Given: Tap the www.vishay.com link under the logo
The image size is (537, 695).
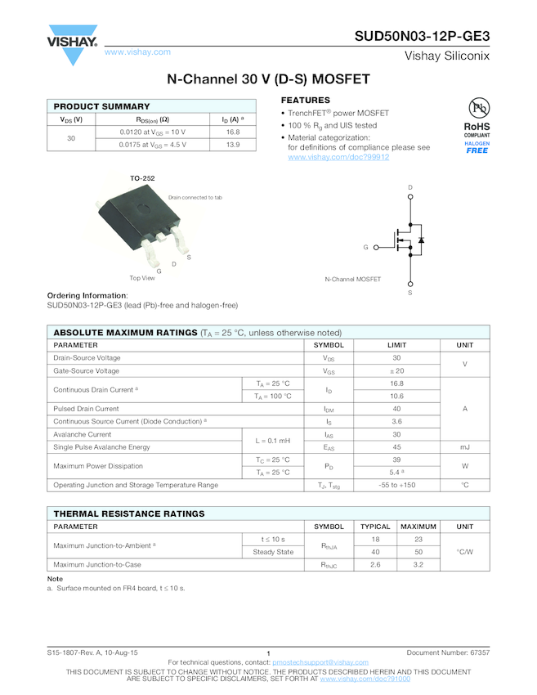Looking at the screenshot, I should point(137,52).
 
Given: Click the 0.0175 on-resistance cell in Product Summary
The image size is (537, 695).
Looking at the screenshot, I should point(153,145).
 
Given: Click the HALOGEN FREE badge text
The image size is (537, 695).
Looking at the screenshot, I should point(477,147).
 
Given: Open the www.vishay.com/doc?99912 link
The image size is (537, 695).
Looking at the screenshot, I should point(338,157).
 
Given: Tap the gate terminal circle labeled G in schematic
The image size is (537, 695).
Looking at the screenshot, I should point(375,247).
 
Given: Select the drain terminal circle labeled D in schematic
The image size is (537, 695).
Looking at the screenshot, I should point(410,197).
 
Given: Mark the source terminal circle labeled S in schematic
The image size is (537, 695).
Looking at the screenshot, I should point(410,283).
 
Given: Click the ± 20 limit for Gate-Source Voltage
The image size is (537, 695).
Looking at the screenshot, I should point(396,371).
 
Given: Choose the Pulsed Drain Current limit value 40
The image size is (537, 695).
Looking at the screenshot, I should point(396,409).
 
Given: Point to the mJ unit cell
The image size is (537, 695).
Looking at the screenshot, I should point(465,447).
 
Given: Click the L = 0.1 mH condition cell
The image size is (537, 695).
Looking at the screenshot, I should point(273,441).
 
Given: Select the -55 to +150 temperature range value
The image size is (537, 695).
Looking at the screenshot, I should point(396,485).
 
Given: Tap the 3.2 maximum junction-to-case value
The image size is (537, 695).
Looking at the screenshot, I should point(418,565).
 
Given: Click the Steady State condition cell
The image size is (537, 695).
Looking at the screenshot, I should point(273,552).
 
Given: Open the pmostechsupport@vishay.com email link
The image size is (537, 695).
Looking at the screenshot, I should point(320,661).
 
